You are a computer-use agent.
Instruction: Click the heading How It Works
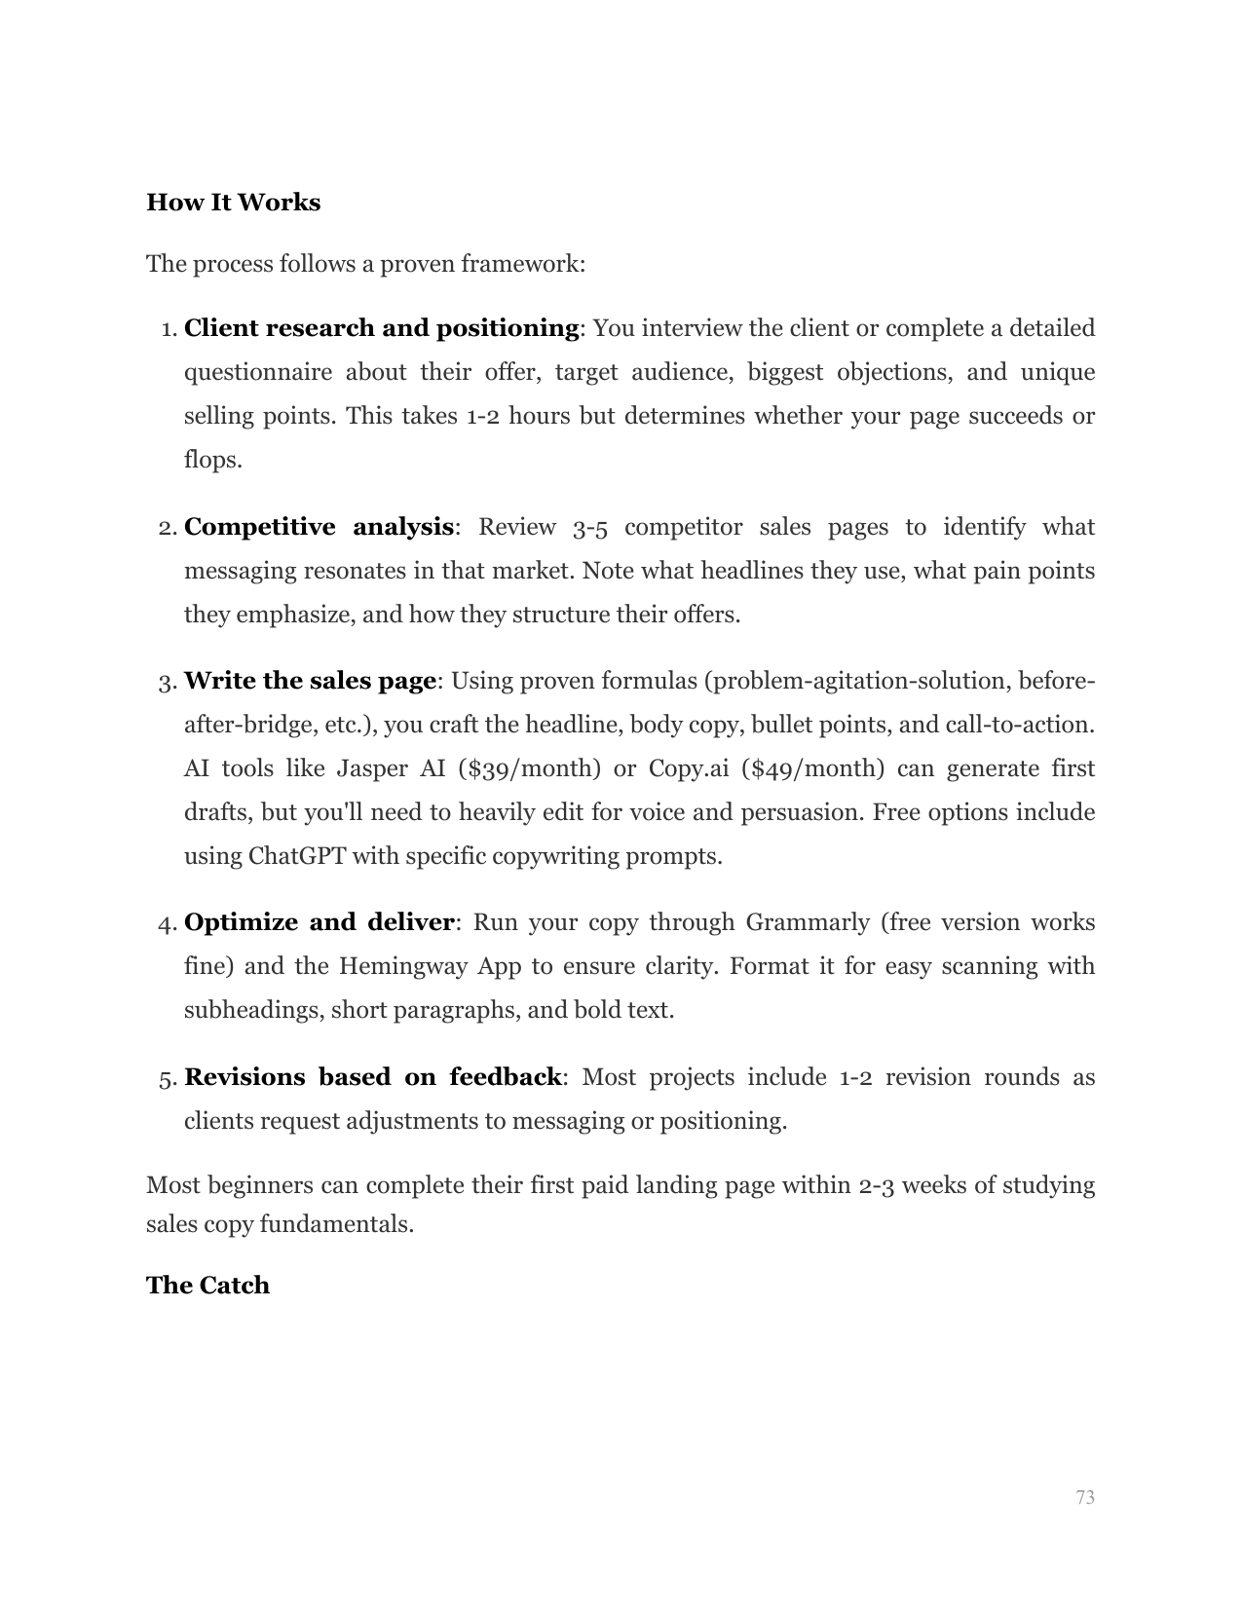[x=233, y=203]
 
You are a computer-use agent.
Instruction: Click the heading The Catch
[x=207, y=1286]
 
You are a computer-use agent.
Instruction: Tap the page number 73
[x=1085, y=1497]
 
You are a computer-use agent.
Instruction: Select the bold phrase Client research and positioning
[x=381, y=328]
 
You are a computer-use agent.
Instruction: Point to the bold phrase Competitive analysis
[x=319, y=527]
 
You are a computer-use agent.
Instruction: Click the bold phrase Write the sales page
[x=310, y=681]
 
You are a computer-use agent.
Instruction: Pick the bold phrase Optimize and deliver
[x=319, y=922]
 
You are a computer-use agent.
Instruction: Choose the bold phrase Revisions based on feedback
[x=373, y=1077]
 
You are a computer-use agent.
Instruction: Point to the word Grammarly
[x=808, y=922]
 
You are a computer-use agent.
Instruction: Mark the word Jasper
[x=372, y=768]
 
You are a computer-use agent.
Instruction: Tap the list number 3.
[x=166, y=682]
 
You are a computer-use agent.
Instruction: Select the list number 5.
[x=166, y=1078]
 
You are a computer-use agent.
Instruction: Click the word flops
[x=212, y=460]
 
